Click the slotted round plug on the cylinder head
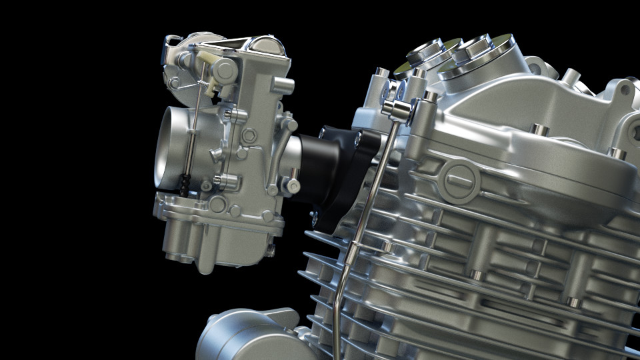click(x=459, y=180)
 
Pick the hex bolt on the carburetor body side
click(x=249, y=136)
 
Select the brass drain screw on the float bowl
click(x=271, y=251)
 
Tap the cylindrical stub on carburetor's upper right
click(x=283, y=85)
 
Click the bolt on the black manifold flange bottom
click(x=313, y=215)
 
